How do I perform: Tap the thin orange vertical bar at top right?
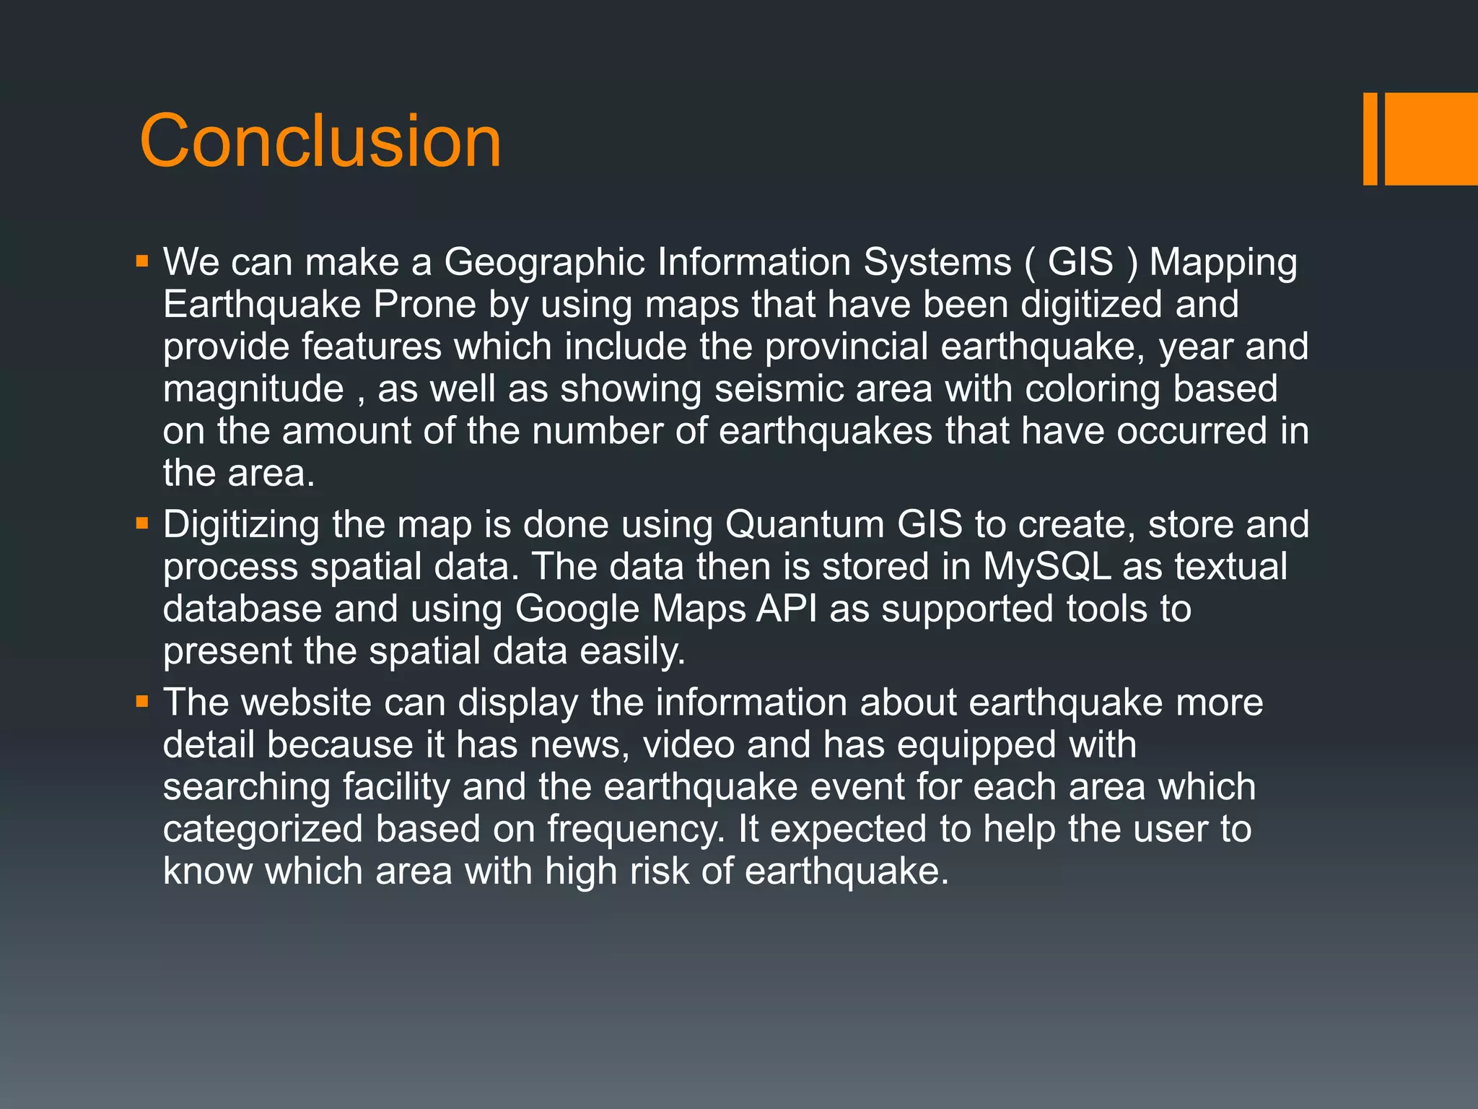click(x=1370, y=139)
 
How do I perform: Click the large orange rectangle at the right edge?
click(x=1431, y=139)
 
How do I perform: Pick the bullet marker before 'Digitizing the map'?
click(x=142, y=523)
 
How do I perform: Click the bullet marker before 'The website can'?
click(x=142, y=701)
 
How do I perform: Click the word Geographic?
click(x=544, y=262)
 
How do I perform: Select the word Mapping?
click(x=1223, y=262)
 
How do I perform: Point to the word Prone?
click(x=425, y=304)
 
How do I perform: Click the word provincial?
click(x=846, y=347)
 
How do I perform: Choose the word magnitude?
click(x=253, y=389)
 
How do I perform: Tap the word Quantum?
click(x=805, y=524)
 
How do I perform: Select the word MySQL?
click(x=1046, y=567)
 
